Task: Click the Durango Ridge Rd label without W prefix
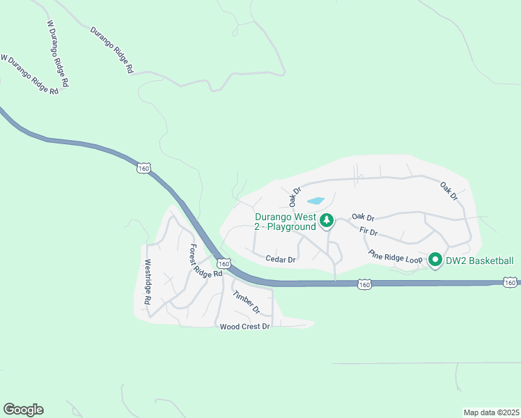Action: [111, 50]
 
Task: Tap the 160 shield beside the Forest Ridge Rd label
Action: [223, 263]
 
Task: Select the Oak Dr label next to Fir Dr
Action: [363, 217]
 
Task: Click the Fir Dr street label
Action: [368, 231]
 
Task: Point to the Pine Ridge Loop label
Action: [396, 256]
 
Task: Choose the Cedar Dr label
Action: [281, 259]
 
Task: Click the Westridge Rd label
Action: [148, 283]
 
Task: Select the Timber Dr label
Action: [246, 301]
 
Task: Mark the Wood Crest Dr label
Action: [244, 327]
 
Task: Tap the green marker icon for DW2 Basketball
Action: [435, 261]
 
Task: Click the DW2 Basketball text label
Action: [481, 261]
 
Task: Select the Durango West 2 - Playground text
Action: [285, 222]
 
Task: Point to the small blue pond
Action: [316, 201]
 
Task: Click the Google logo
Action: [23, 410]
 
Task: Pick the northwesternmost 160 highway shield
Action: [143, 169]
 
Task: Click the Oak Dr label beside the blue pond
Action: [295, 196]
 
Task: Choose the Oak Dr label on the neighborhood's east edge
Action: [449, 192]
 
